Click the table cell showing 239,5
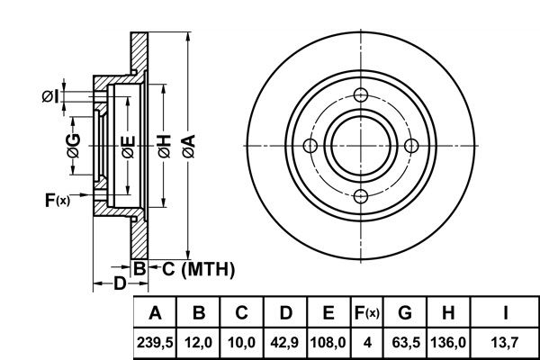point(155,343)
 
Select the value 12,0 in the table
point(198,343)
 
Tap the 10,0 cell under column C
point(242,343)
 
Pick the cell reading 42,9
point(284,343)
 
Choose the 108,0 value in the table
point(328,343)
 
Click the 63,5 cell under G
point(406,343)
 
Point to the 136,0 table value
point(448,343)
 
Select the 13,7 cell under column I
point(505,343)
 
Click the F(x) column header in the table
point(367,313)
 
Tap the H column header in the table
point(448,313)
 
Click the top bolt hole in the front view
point(361,95)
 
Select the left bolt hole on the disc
point(310,146)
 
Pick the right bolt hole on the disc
point(411,146)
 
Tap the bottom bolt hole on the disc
point(361,196)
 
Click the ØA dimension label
point(189,146)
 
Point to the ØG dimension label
point(74,146)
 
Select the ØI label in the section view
point(50,96)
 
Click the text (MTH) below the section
point(209,269)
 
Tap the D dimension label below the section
point(120,283)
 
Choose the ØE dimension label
point(128,147)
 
